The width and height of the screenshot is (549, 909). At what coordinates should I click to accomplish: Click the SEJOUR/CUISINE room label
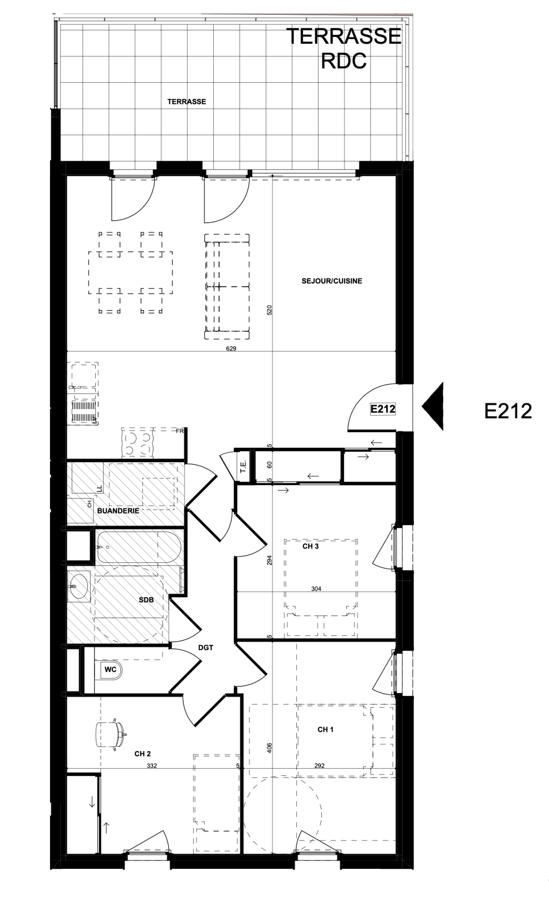click(x=331, y=281)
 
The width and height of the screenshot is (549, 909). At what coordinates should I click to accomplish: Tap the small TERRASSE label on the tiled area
click(x=186, y=102)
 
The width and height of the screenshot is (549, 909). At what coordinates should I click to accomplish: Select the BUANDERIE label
click(x=118, y=511)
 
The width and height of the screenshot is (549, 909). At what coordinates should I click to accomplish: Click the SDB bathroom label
click(x=146, y=600)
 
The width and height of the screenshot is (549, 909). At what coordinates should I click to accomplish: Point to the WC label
click(x=110, y=669)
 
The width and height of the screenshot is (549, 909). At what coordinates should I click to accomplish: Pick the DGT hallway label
click(x=205, y=648)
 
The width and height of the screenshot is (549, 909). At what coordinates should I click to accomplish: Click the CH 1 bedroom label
click(x=325, y=729)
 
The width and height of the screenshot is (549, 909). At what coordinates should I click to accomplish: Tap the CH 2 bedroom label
click(x=143, y=754)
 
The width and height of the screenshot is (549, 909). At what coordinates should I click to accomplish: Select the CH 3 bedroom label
click(x=311, y=546)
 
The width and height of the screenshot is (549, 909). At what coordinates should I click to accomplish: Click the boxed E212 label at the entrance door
click(x=382, y=409)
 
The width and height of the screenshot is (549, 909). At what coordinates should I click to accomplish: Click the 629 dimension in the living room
click(x=231, y=349)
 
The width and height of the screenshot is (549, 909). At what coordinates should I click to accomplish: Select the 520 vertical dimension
click(x=270, y=310)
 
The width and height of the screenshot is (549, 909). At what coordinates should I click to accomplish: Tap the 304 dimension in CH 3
click(x=316, y=589)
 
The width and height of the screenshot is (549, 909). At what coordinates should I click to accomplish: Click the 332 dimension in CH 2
click(x=152, y=766)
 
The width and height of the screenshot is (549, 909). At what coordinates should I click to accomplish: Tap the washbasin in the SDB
click(x=78, y=586)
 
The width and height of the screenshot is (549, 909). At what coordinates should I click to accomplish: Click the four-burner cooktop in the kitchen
click(x=138, y=443)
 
